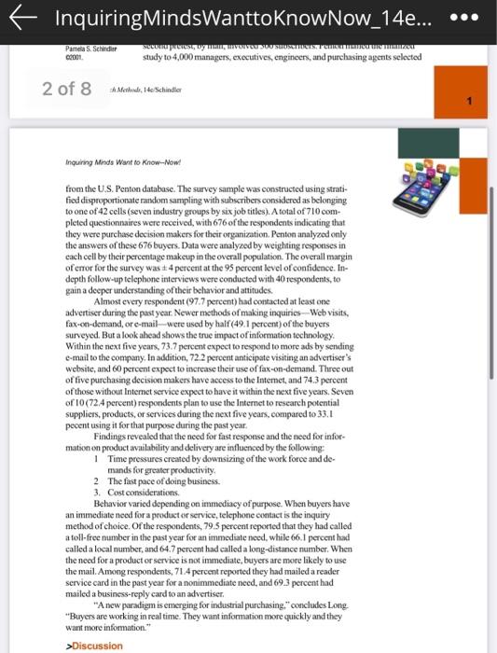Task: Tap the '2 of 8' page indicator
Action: [x=66, y=89]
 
